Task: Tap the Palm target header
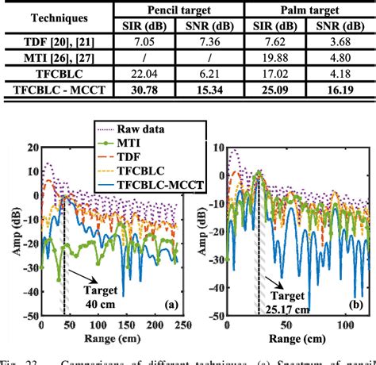click(x=307, y=10)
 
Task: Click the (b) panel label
click(x=355, y=304)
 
